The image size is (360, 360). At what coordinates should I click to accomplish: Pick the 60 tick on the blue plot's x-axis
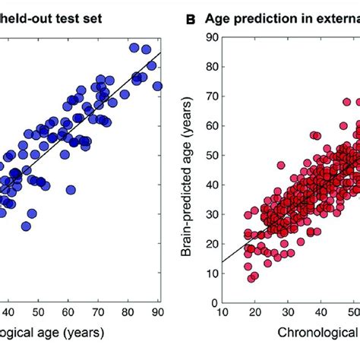[68, 310]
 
